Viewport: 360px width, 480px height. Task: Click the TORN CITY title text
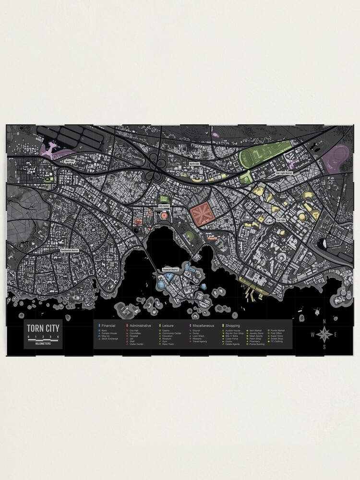click(43, 330)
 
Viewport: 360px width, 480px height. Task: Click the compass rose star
click(324, 334)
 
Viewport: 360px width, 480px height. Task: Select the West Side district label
click(70, 161)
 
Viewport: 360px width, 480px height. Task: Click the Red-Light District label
click(284, 173)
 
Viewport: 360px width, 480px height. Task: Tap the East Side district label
click(281, 220)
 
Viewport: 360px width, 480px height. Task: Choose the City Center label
click(164, 206)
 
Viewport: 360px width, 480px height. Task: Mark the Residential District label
click(70, 250)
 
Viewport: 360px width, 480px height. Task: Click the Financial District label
click(174, 270)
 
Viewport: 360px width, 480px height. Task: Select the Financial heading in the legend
click(108, 325)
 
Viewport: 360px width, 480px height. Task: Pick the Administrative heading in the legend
click(140, 325)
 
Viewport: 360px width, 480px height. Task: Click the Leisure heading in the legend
click(168, 325)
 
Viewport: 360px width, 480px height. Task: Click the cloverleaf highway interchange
click(157, 163)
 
